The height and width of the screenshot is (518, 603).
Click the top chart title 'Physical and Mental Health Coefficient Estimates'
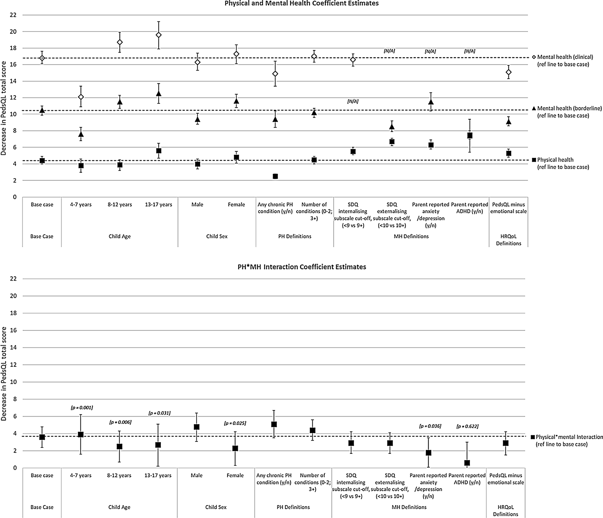pos(301,4)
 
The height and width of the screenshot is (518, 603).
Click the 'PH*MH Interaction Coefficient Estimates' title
pos(301,267)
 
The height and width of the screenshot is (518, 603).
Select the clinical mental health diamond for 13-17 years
pos(159,35)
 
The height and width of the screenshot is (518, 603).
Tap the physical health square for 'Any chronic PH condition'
pos(275,176)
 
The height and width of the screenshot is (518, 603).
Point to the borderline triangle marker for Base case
pos(42,110)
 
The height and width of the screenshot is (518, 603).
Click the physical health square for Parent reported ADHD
pos(470,135)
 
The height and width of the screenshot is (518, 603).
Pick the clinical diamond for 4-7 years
pos(81,97)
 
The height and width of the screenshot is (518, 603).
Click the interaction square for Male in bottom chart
pos(196,427)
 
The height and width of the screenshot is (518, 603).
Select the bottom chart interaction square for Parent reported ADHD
pos(467,463)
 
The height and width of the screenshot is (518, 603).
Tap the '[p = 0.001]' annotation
pos(82,408)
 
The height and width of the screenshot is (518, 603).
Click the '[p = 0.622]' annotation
pos(467,426)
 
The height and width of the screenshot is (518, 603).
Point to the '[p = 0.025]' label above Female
pos(235,423)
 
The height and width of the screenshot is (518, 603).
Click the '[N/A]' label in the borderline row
pos(353,102)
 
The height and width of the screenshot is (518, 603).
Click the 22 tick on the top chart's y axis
pos(14,15)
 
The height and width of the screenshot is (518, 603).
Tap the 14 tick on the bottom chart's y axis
pos(14,348)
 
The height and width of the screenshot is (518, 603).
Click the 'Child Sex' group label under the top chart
pos(217,236)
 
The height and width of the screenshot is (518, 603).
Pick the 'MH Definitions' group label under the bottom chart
pos(409,507)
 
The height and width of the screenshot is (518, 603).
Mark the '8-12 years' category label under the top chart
pos(120,204)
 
